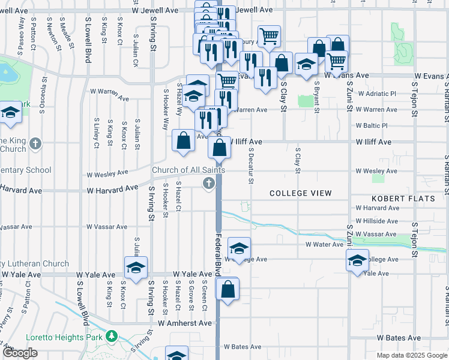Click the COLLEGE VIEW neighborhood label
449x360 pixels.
click(300, 193)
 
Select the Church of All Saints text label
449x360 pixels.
click(188, 170)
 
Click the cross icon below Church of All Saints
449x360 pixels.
click(209, 184)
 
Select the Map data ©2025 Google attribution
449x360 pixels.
click(411, 355)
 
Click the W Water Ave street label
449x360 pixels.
click(324, 245)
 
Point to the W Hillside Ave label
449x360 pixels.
click(376, 221)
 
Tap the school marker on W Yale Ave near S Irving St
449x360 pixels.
click(136, 267)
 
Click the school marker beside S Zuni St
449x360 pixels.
click(357, 260)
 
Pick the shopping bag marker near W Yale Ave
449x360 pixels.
click(228, 289)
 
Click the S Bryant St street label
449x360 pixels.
click(316, 97)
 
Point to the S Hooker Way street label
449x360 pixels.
click(166, 110)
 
